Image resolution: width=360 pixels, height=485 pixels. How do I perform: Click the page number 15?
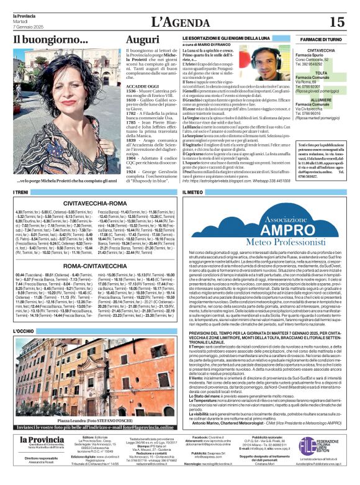[x=337, y=22]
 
